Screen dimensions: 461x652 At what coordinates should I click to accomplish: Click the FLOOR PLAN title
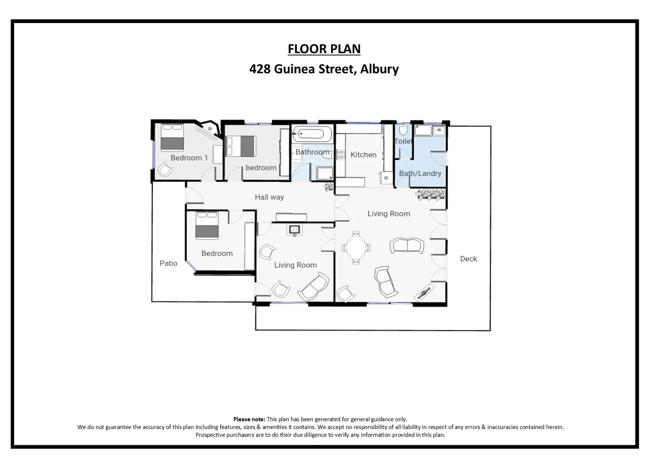pyautogui.click(x=324, y=49)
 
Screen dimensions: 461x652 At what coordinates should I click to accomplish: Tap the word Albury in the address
pyautogui.click(x=379, y=69)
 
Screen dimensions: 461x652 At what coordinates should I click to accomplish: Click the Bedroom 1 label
pyautogui.click(x=189, y=158)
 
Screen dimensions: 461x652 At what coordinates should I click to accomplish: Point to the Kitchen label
pyautogui.click(x=363, y=155)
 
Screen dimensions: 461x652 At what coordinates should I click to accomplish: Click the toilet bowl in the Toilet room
pyautogui.click(x=403, y=129)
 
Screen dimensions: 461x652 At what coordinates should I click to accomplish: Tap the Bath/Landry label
pyautogui.click(x=420, y=173)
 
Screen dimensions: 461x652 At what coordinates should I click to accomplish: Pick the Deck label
pyautogui.click(x=468, y=259)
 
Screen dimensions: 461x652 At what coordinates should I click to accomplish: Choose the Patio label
pyautogui.click(x=168, y=263)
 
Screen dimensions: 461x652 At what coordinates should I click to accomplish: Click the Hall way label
pyautogui.click(x=269, y=197)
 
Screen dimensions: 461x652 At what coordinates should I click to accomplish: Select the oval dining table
pyautogui.click(x=356, y=248)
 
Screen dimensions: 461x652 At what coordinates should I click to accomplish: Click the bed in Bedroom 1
pyautogui.click(x=172, y=137)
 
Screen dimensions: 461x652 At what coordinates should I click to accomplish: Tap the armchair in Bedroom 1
pyautogui.click(x=165, y=170)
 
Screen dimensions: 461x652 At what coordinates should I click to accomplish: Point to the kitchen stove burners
pyautogui.click(x=341, y=155)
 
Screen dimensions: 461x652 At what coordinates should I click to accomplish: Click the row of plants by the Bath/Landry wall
pyautogui.click(x=431, y=194)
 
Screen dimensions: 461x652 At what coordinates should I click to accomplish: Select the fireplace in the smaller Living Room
pyautogui.click(x=295, y=230)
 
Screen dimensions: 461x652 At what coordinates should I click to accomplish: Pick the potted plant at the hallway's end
pyautogui.click(x=328, y=187)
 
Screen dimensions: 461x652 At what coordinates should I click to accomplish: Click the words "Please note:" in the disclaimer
pyautogui.click(x=249, y=419)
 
